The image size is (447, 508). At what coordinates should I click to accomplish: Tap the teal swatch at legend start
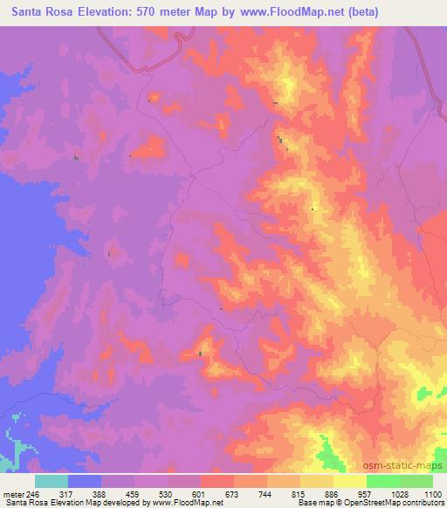click(51, 480)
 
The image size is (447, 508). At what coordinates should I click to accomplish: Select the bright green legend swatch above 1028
click(383, 480)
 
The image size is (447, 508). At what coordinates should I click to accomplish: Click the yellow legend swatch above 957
click(350, 480)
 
